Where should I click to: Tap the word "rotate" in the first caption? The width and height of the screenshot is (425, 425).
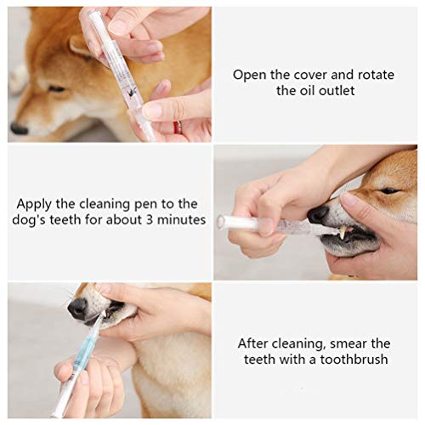click(x=376, y=76)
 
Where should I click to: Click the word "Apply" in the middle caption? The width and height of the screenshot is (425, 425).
click(x=34, y=204)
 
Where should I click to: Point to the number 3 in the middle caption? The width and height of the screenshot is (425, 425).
click(x=150, y=220)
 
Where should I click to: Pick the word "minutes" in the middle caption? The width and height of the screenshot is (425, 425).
click(x=181, y=220)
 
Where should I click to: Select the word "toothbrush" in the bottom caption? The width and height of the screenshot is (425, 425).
click(x=354, y=360)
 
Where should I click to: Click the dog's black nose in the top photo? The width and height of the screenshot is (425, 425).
click(x=20, y=128)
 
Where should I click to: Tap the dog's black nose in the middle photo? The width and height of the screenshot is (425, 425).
click(x=318, y=215)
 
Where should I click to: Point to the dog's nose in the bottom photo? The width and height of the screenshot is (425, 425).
click(x=77, y=308)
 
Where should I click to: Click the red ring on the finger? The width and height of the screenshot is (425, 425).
click(x=178, y=127)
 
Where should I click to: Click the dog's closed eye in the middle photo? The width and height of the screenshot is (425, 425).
click(x=389, y=191)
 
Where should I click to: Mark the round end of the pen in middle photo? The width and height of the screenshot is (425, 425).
click(x=221, y=221)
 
